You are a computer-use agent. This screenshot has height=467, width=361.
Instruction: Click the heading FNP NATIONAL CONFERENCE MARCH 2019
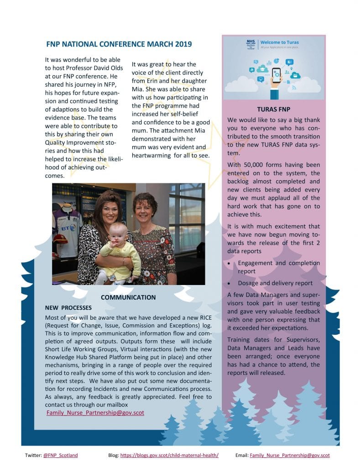(x=119, y=44)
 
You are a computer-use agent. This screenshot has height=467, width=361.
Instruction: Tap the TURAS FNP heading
(x=273, y=110)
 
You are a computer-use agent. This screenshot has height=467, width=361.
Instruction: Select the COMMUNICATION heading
(x=128, y=297)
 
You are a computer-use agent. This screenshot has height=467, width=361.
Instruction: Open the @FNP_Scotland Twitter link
(x=60, y=455)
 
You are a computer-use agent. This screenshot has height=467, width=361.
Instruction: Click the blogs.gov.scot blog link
(x=169, y=455)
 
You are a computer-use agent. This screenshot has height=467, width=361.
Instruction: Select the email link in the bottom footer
(x=289, y=455)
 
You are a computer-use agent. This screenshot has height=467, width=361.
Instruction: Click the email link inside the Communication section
(x=95, y=413)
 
